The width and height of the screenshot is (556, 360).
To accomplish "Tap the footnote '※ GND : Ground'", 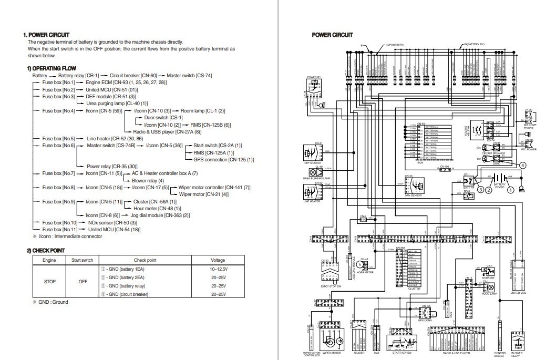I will tap(50, 302).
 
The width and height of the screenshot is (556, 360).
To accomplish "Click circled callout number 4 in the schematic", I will tap(523, 164).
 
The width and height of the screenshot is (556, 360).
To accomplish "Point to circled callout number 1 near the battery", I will tap(510, 190).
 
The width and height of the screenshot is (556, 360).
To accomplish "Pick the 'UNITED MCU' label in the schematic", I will tap(518, 293).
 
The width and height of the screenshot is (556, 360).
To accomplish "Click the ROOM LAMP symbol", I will tap(492, 288).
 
